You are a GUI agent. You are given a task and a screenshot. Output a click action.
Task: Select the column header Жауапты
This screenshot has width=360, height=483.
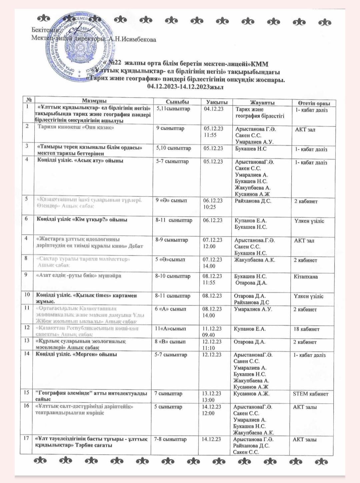pyautogui.click(x=262, y=103)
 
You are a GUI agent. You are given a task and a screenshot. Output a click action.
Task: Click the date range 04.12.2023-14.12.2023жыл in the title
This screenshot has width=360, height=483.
pyautogui.click(x=185, y=87)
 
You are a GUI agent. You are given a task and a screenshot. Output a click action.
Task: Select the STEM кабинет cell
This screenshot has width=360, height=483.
pyautogui.click(x=310, y=394)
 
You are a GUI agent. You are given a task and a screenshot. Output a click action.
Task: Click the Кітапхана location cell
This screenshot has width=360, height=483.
pyautogui.click(x=306, y=276)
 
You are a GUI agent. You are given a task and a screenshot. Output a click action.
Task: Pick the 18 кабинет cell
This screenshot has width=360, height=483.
pyautogui.click(x=306, y=329)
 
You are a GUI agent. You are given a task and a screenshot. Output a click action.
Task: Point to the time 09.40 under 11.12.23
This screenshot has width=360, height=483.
pyautogui.click(x=208, y=335)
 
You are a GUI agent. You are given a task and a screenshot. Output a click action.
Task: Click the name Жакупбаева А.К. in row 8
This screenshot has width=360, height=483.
pyautogui.click(x=255, y=260)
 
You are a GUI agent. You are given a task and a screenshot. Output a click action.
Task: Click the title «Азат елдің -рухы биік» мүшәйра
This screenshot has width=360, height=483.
pyautogui.click(x=78, y=276)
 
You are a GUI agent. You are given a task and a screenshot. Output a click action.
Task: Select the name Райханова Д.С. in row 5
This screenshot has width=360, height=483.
pyautogui.click(x=253, y=201)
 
